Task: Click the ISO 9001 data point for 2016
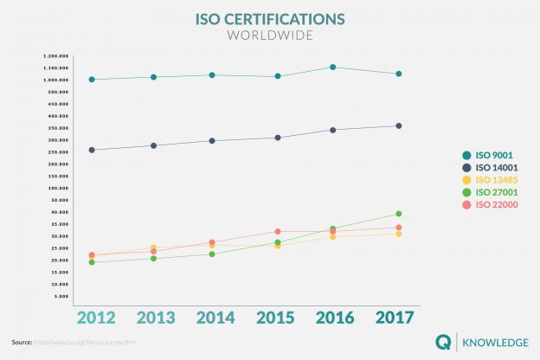click(x=333, y=67)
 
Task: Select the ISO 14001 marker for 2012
click(x=92, y=150)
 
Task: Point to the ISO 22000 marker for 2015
click(x=278, y=231)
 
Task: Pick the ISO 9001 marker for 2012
click(x=92, y=80)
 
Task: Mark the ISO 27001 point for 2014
click(x=212, y=254)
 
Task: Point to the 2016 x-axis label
click(x=333, y=317)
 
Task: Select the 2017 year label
click(x=394, y=317)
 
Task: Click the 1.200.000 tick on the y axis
click(x=55, y=55)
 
